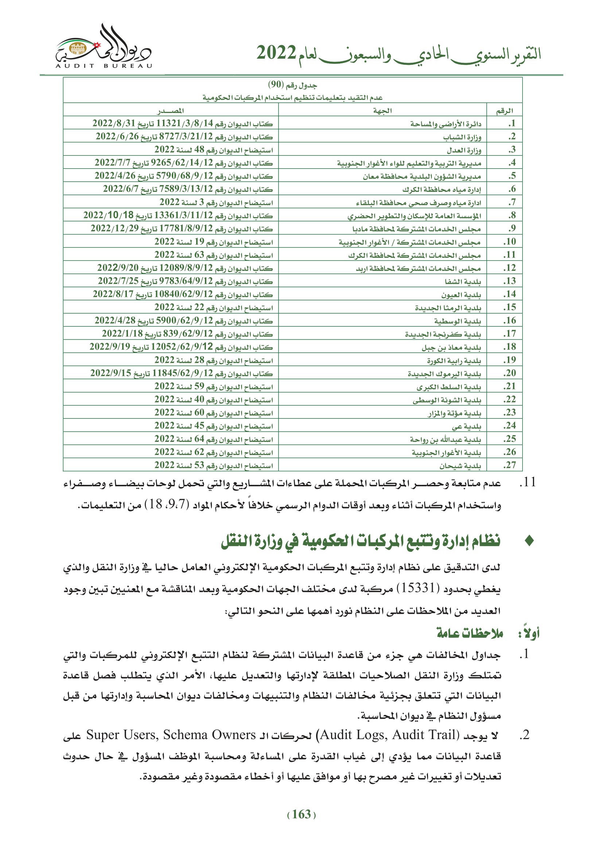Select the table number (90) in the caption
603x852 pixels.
(276, 85)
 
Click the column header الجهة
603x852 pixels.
(382, 111)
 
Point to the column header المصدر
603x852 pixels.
(170, 111)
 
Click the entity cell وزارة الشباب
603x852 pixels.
(462, 137)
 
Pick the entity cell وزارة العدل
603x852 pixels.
(464, 150)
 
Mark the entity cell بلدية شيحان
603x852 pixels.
(460, 466)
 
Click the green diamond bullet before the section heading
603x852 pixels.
(529, 541)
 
